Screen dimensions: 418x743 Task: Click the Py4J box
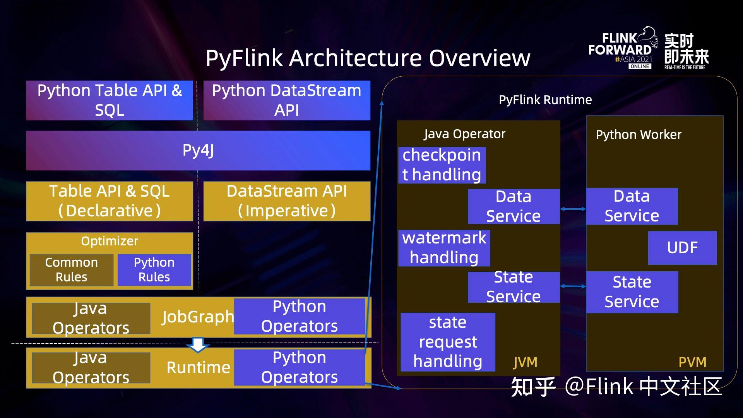click(x=198, y=151)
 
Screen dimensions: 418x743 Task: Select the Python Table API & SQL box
click(x=110, y=100)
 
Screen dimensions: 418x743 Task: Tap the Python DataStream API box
click(x=287, y=100)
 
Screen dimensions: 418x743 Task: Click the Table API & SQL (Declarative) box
click(x=110, y=201)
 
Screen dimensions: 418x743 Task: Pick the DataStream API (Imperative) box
click(x=287, y=201)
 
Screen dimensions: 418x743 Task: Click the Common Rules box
click(x=72, y=270)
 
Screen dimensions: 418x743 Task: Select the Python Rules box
click(x=154, y=270)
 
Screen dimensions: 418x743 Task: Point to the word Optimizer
click(x=110, y=241)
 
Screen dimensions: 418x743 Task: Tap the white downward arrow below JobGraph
click(x=198, y=344)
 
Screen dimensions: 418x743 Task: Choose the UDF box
click(x=682, y=248)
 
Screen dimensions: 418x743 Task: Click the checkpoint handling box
click(x=442, y=165)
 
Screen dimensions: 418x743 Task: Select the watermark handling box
click(x=444, y=248)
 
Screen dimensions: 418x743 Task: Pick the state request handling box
click(x=448, y=342)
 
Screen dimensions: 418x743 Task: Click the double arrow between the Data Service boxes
click(x=573, y=209)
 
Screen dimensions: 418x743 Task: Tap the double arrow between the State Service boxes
click(x=573, y=286)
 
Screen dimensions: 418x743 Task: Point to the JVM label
click(x=525, y=362)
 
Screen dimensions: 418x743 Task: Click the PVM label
click(x=692, y=362)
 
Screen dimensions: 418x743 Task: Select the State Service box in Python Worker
click(x=632, y=292)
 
